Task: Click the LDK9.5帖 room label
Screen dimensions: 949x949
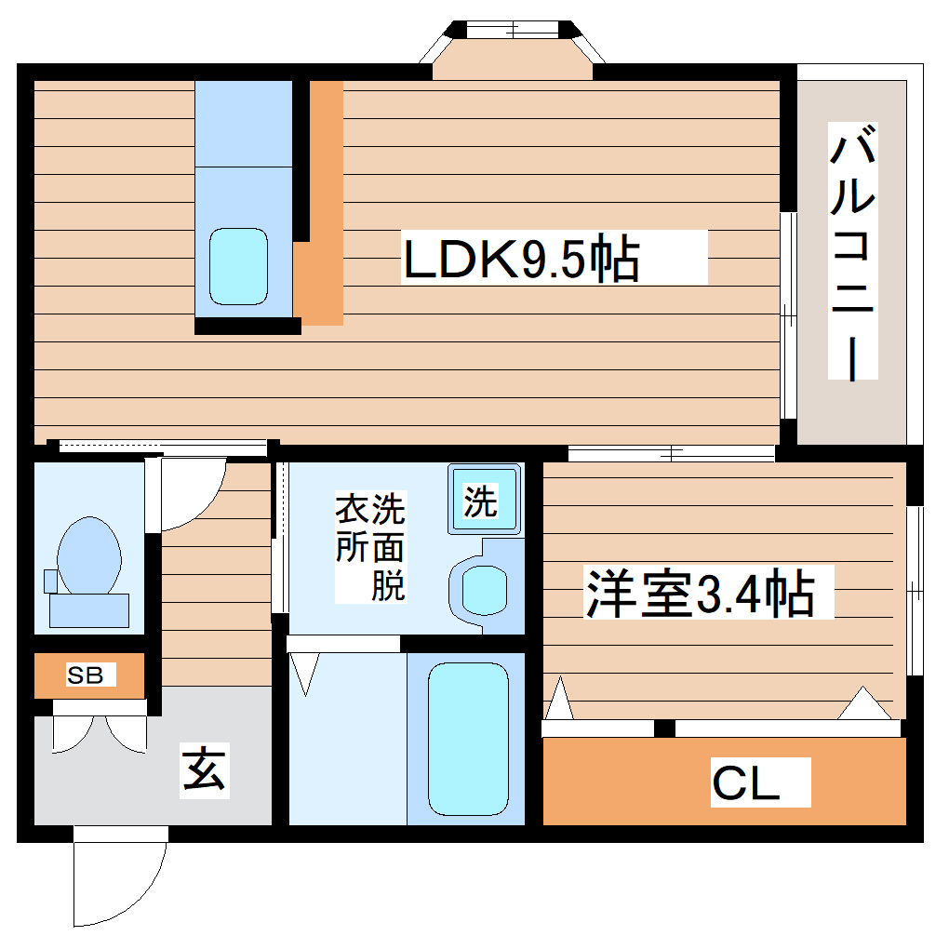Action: point(521,260)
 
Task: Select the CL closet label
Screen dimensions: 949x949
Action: point(746,783)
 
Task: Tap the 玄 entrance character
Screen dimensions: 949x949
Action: point(204,770)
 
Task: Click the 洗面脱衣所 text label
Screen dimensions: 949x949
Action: point(370,548)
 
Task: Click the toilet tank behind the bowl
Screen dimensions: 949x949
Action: point(88,609)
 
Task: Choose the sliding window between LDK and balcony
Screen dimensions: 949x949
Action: point(787,316)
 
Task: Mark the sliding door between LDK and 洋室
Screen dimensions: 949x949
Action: point(670,453)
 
